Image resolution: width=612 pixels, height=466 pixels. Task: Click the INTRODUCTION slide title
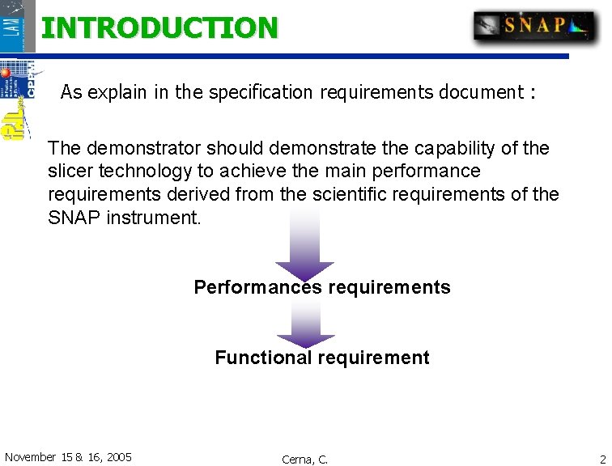(159, 28)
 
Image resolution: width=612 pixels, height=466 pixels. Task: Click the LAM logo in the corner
(17, 25)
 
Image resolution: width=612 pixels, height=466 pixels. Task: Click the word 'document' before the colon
(481, 92)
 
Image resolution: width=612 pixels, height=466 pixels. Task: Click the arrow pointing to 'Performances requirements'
(304, 243)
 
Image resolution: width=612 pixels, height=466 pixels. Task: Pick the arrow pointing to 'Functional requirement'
(305, 324)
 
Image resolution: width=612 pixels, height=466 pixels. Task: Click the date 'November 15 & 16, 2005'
(68, 457)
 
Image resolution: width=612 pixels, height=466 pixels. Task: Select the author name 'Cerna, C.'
(304, 459)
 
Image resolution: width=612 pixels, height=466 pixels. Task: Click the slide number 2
(601, 458)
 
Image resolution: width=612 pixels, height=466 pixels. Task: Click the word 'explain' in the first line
(118, 92)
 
